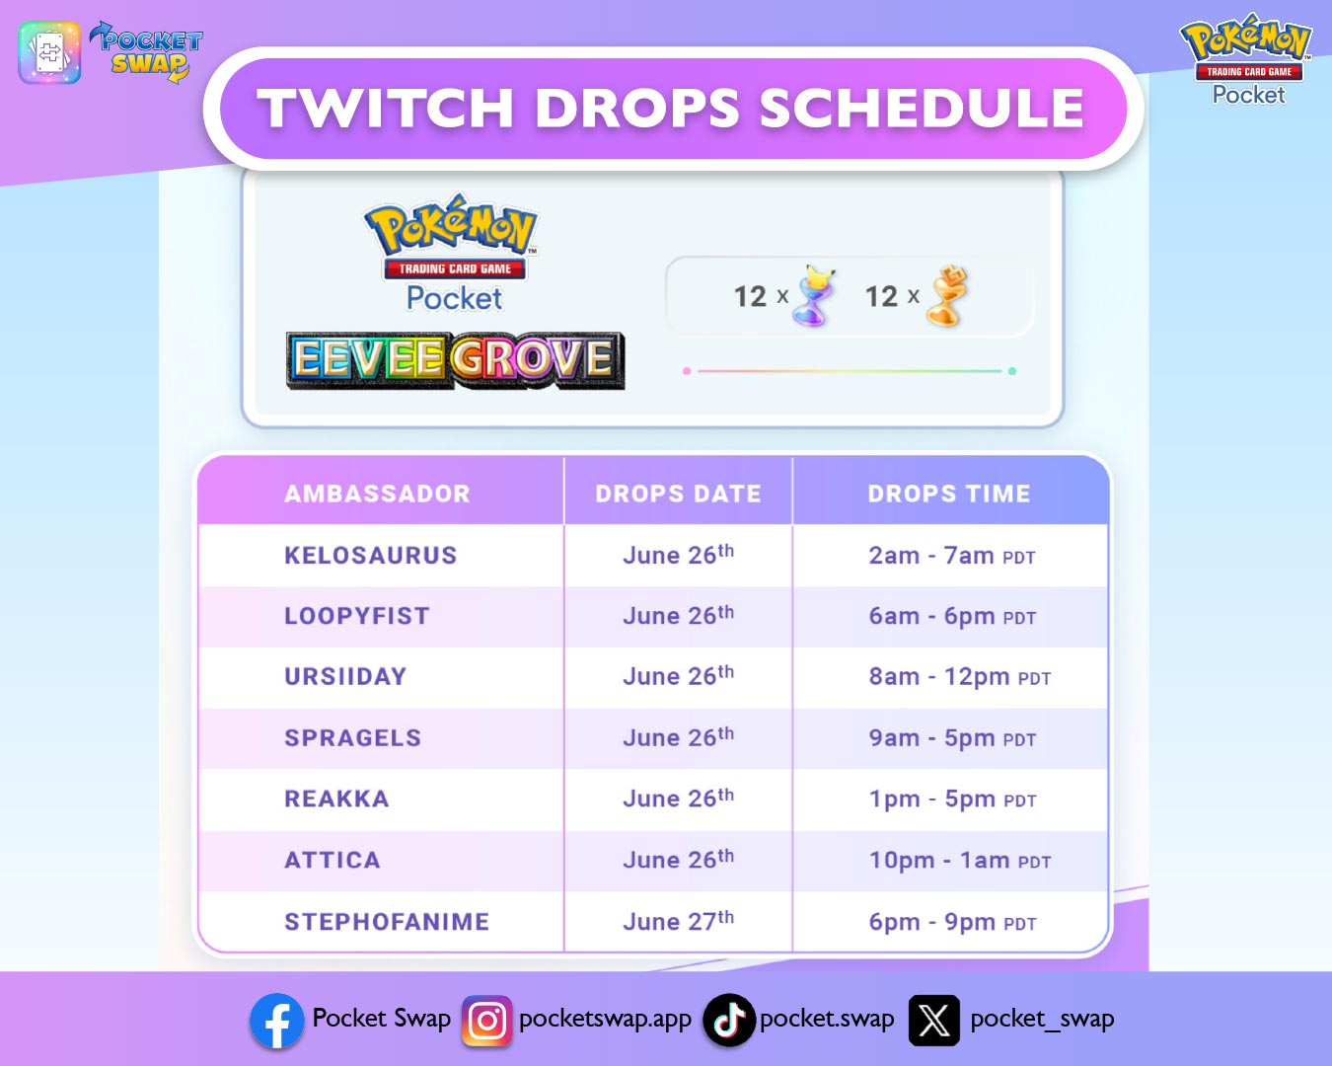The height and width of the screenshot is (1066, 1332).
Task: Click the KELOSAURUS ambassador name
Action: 370,556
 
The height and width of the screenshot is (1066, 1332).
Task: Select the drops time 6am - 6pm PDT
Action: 951,617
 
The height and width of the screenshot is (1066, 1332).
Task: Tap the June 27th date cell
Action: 678,921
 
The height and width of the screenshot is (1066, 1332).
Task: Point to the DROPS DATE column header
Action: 678,494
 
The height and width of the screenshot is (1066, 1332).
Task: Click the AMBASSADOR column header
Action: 377,494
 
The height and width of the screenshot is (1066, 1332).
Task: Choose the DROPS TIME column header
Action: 948,494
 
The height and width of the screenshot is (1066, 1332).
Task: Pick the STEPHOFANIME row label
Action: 387,922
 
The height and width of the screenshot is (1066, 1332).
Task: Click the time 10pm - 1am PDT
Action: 959,861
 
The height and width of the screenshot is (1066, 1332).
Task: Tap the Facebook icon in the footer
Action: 276,1021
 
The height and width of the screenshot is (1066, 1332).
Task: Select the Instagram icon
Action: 486,1021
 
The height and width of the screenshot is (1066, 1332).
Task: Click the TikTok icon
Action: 728,1021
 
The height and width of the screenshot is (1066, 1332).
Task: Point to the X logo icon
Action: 933,1021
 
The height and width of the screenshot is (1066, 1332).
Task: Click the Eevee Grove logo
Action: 455,360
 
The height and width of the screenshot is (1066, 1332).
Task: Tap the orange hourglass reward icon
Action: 947,296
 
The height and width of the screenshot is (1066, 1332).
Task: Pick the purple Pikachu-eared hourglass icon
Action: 815,296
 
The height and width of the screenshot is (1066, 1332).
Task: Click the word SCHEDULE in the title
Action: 922,108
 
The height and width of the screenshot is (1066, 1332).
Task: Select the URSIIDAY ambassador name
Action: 345,677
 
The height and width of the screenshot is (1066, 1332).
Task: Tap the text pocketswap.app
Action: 605,1019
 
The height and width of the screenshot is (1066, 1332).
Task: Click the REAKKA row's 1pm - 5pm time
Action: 951,799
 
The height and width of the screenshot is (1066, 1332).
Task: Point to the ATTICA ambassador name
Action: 333,861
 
